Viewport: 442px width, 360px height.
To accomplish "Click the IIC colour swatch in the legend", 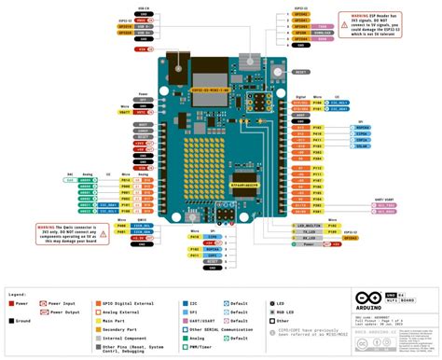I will [184, 302].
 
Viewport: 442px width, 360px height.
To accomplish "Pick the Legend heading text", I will [19, 293].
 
